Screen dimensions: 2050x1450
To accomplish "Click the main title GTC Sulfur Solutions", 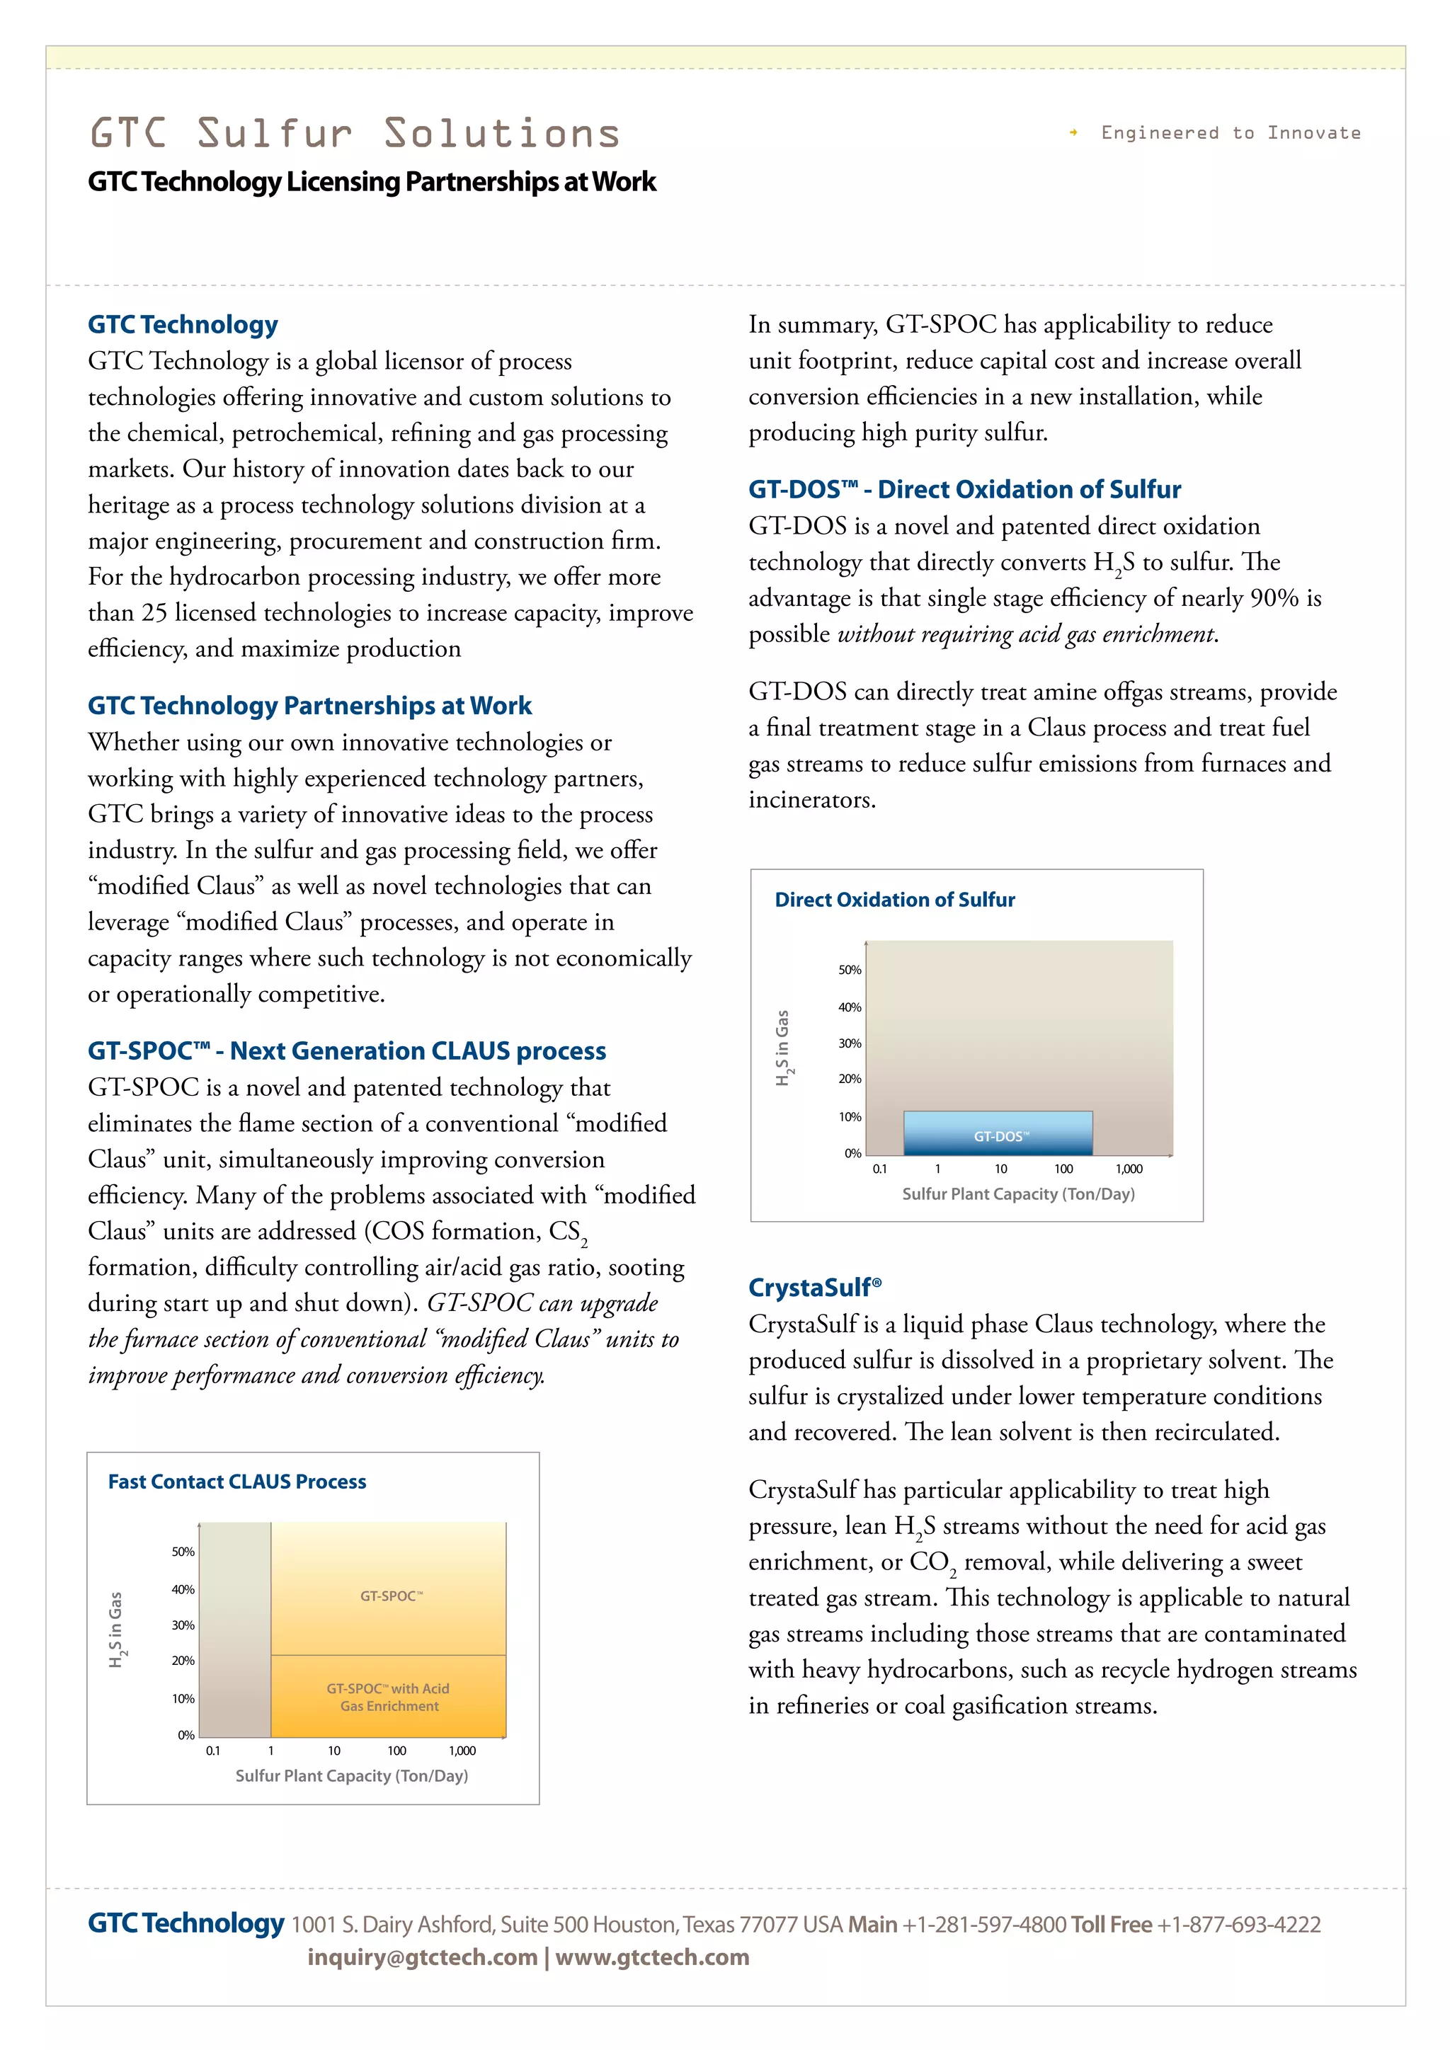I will tap(355, 134).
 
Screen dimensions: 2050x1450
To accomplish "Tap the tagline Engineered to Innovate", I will tap(1230, 133).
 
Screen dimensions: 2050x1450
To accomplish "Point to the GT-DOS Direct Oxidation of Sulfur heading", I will tap(964, 489).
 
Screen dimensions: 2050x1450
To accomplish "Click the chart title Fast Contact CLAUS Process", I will tap(236, 1482).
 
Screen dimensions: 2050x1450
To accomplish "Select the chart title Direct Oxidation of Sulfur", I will tap(895, 899).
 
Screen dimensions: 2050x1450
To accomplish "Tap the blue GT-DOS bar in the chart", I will tap(998, 1134).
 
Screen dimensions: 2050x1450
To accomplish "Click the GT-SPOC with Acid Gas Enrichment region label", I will tap(389, 1697).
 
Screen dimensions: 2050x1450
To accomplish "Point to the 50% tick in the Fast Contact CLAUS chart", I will tap(183, 1552).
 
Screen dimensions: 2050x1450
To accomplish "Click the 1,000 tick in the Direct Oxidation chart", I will tap(1129, 1169).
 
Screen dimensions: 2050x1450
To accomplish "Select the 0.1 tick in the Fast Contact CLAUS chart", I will tap(212, 1751).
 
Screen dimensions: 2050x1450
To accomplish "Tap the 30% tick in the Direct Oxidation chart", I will tap(849, 1043).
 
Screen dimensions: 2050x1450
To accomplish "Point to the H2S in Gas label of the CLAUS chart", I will tap(116, 1629).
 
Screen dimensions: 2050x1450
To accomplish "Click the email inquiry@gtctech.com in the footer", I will tap(421, 1957).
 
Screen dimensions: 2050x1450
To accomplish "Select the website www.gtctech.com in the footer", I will tap(652, 1957).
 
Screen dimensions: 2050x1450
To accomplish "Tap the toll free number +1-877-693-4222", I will tap(1238, 1924).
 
